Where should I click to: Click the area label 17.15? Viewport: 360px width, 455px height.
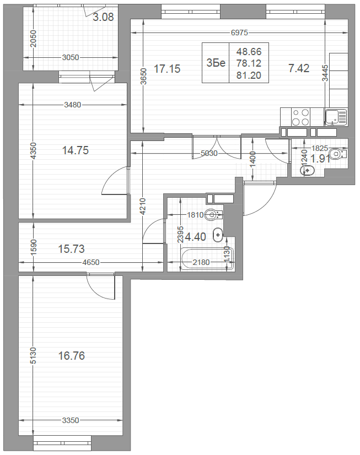pyautogui.click(x=167, y=69)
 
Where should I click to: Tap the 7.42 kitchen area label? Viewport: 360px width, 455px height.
pyautogui.click(x=299, y=68)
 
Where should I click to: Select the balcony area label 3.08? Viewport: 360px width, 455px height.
pyautogui.click(x=103, y=17)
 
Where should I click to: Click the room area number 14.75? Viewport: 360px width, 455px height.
pyautogui.click(x=76, y=150)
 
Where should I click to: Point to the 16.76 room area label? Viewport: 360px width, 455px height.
pyautogui.click(x=72, y=355)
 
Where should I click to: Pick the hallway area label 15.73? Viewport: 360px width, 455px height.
pyautogui.click(x=72, y=248)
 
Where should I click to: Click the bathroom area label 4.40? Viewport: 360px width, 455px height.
pyautogui.click(x=195, y=237)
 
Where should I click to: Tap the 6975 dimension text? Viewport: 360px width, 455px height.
pyautogui.click(x=239, y=33)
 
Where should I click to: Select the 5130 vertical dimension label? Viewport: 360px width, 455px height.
pyautogui.click(x=33, y=355)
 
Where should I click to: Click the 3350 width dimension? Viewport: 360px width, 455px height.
pyautogui.click(x=71, y=420)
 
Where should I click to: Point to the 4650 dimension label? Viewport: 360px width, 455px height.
pyautogui.click(x=91, y=262)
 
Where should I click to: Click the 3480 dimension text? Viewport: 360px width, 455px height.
pyautogui.click(x=72, y=105)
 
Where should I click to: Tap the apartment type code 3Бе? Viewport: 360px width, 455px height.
pyautogui.click(x=216, y=63)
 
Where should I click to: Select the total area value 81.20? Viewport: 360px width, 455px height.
pyautogui.click(x=249, y=75)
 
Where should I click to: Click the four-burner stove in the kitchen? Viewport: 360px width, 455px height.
pyautogui.click(x=300, y=117)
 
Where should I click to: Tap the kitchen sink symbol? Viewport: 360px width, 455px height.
pyautogui.click(x=336, y=117)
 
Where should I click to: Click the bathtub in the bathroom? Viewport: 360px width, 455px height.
pyautogui.click(x=207, y=259)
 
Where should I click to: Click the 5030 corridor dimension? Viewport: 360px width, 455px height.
pyautogui.click(x=209, y=153)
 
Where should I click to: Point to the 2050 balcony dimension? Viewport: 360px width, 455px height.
pyautogui.click(x=33, y=39)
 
